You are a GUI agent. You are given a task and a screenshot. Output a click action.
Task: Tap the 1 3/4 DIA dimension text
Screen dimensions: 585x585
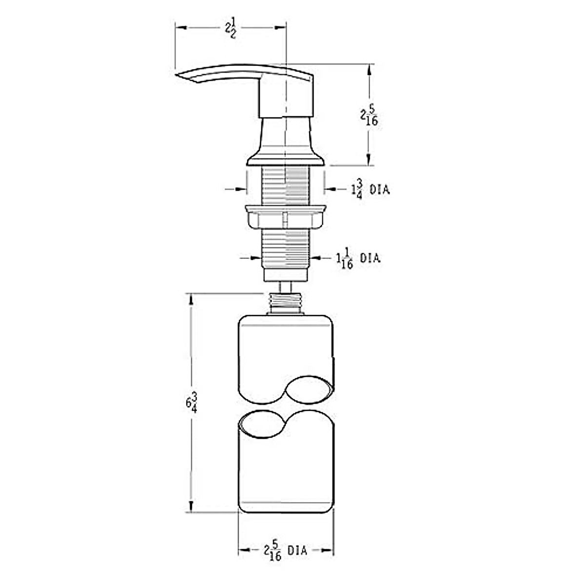coord(370,189)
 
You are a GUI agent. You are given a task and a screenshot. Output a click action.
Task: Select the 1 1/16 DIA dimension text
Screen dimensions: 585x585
coord(358,258)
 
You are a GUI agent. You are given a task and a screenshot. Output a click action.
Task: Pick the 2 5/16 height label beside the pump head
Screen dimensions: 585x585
coord(369,116)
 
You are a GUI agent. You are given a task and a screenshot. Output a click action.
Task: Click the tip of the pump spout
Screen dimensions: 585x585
coord(176,75)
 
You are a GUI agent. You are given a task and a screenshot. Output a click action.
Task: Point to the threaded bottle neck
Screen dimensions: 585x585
coord(285,303)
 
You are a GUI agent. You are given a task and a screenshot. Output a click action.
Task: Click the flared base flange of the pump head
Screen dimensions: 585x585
coord(285,159)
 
